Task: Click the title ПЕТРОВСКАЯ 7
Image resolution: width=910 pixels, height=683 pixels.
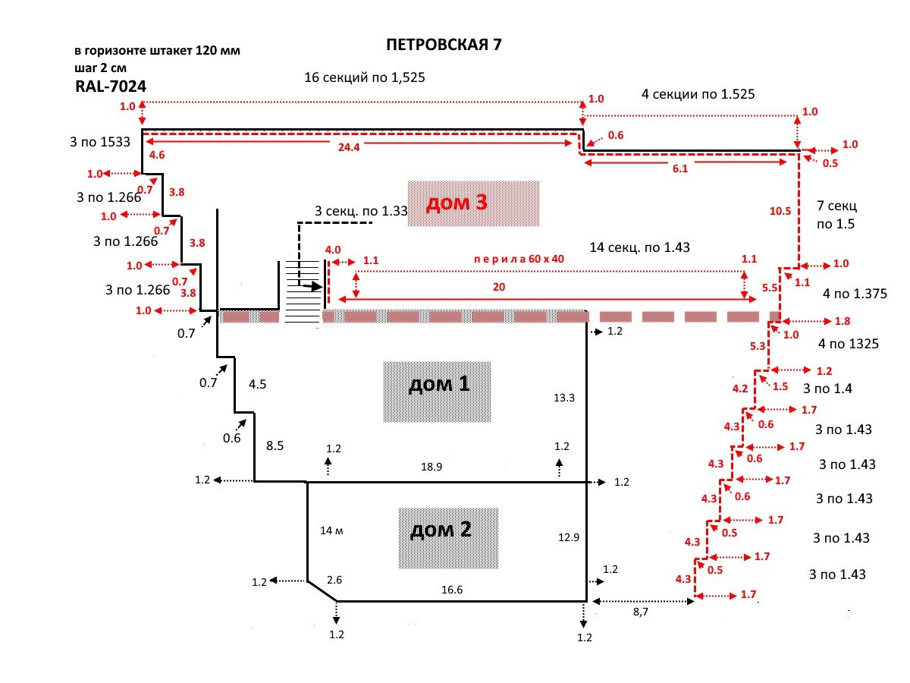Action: [x=444, y=44]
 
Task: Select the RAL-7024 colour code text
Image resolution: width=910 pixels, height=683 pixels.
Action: [x=111, y=87]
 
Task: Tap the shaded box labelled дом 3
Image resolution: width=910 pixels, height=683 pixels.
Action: [x=473, y=203]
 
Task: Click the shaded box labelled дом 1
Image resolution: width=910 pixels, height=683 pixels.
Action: [x=437, y=392]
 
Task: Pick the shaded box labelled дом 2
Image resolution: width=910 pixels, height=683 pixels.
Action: [x=448, y=538]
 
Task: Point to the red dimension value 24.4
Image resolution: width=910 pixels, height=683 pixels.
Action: [x=349, y=147]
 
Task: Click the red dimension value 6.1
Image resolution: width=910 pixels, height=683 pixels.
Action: [x=680, y=168]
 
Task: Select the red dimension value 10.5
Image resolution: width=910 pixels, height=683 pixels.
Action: [x=780, y=211]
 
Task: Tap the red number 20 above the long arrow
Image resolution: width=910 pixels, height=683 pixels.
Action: [x=499, y=287]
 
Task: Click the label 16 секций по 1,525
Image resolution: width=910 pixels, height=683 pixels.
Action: [x=365, y=77]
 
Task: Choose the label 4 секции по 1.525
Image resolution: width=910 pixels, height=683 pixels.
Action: [x=698, y=94]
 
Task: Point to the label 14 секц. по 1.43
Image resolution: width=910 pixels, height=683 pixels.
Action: [x=639, y=247]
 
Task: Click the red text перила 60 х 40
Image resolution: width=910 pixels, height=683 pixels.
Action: [x=519, y=260]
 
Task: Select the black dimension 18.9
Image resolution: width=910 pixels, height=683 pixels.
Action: [x=431, y=467]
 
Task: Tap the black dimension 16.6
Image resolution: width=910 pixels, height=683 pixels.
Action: [x=451, y=590]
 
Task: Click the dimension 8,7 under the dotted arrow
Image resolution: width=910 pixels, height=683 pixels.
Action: [x=641, y=612]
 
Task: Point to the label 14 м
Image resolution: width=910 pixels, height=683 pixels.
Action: [x=331, y=530]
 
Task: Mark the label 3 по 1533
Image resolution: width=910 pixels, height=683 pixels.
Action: [x=100, y=142]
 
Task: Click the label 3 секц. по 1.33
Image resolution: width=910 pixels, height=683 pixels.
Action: [x=361, y=211]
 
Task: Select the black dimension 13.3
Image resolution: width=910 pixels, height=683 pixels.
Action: [x=564, y=398]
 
